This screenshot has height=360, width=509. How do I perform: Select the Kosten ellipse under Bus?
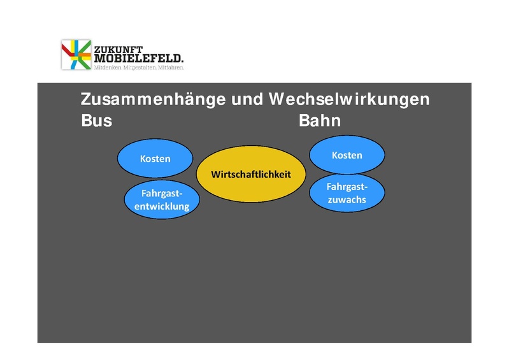tap(155, 159)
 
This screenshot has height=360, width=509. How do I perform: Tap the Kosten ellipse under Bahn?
tap(347, 155)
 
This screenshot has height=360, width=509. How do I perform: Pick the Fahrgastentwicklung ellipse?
tap(162, 199)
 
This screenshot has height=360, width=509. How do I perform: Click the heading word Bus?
tap(96, 120)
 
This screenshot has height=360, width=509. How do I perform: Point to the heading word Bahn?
tap(320, 120)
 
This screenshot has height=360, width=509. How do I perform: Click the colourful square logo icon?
tap(76, 55)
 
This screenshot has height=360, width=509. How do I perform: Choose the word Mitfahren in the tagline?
tap(171, 67)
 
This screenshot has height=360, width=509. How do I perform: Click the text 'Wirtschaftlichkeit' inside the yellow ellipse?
tap(251, 174)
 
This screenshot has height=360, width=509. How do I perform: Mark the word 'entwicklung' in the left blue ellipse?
tap(162, 206)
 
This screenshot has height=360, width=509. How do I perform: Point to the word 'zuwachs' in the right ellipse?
tap(347, 199)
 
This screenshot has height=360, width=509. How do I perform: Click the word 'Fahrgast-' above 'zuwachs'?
tap(347, 187)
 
